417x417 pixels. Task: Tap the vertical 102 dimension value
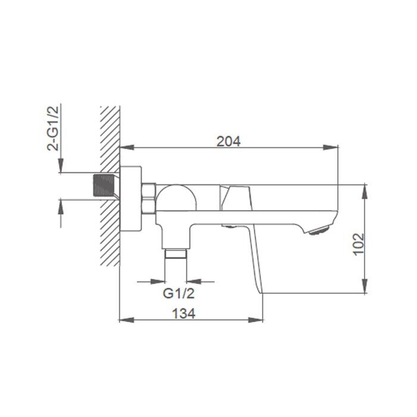(x=357, y=243)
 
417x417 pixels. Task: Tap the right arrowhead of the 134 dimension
(x=259, y=320)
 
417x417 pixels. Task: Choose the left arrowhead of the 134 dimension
(x=125, y=320)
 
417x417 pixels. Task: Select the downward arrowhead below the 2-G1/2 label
(x=61, y=168)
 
